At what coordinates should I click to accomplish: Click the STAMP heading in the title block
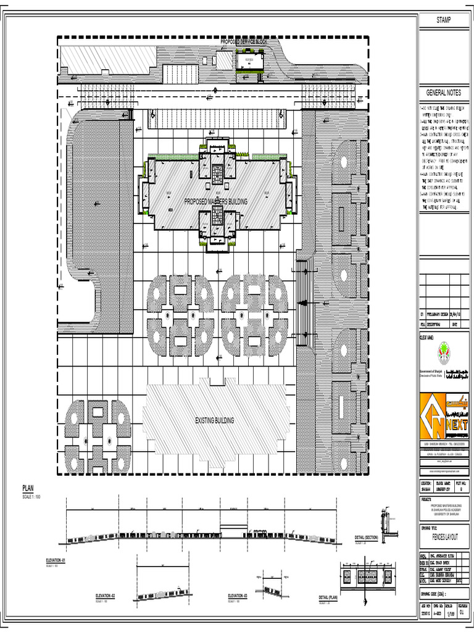[444, 20]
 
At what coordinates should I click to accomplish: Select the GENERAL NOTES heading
[444, 92]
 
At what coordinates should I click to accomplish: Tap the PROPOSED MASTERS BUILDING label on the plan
[216, 202]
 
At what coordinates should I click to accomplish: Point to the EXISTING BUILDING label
[214, 420]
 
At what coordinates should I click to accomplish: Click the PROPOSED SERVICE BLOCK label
[246, 41]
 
